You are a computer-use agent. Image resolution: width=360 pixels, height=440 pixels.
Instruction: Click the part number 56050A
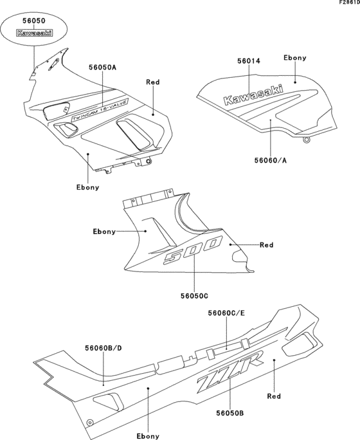pyautogui.click(x=103, y=66)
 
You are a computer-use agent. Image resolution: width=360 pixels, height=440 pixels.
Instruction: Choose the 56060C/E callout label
pyautogui.click(x=226, y=313)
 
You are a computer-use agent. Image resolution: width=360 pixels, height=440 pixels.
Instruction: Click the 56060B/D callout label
pyautogui.click(x=103, y=348)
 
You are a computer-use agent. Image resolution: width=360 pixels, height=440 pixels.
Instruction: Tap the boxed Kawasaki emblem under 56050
pyautogui.click(x=33, y=33)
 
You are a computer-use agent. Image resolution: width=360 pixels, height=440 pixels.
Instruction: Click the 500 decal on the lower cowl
pyautogui.click(x=192, y=250)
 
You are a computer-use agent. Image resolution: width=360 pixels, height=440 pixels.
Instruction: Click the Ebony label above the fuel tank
pyautogui.click(x=295, y=58)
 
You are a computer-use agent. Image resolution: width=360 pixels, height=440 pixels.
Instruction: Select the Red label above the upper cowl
pyautogui.click(x=153, y=82)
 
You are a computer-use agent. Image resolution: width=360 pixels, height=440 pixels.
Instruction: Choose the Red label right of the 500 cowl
pyautogui.click(x=266, y=245)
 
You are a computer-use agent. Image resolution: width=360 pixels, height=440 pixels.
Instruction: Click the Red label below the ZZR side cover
pyautogui.click(x=274, y=397)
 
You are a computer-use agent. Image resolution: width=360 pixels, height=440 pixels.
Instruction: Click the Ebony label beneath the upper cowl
pyautogui.click(x=87, y=187)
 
